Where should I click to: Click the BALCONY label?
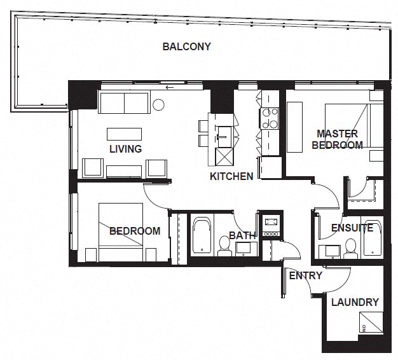[186, 46]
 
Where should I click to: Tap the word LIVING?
[125, 149]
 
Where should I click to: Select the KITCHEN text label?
[231, 176]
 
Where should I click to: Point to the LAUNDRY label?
[355, 302]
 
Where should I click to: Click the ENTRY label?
[306, 275]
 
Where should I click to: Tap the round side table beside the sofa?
[158, 104]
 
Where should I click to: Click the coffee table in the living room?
[124, 134]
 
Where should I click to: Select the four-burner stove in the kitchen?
[269, 118]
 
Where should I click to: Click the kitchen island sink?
[224, 137]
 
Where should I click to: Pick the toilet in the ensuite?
[350, 248]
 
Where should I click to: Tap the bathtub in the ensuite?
[372, 238]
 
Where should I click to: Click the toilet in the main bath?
[224, 246]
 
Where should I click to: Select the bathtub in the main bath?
[202, 235]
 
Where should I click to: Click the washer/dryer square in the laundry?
[371, 322]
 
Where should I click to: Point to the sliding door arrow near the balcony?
[170, 88]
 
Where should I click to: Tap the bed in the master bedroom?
[354, 125]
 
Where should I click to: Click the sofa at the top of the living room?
[124, 103]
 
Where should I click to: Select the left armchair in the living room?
[93, 168]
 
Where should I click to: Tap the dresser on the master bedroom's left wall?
[294, 127]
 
